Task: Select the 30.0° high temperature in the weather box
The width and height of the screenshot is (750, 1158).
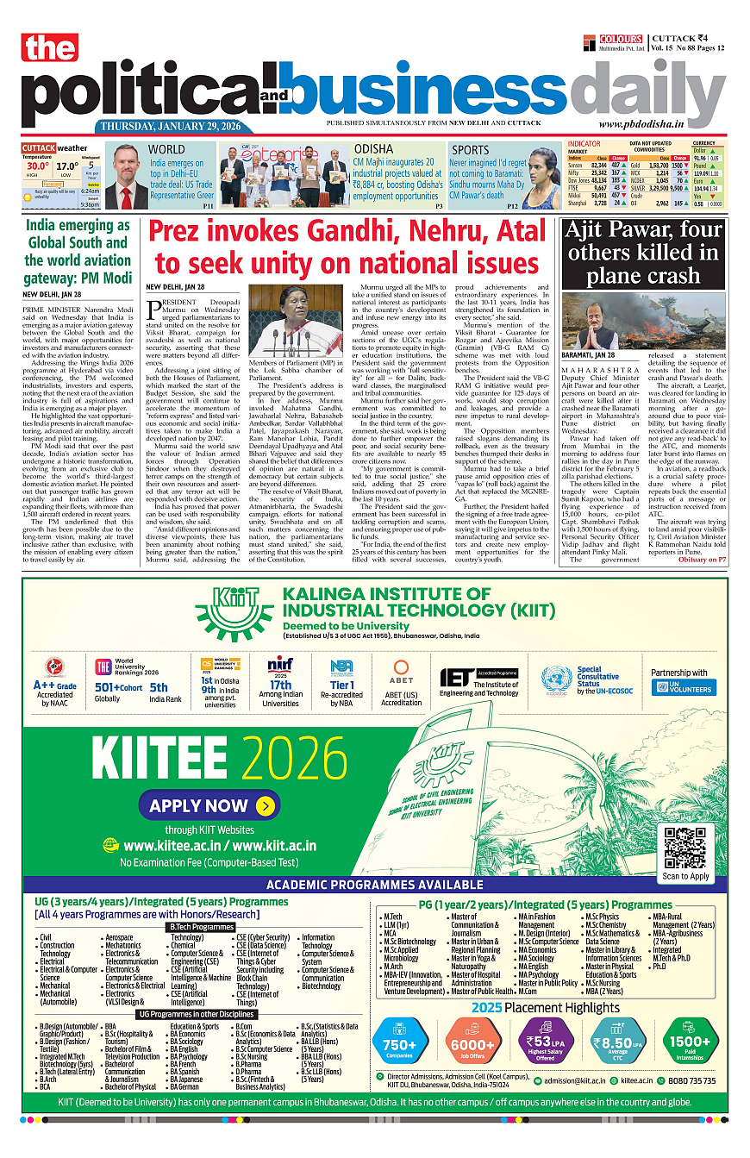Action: click(x=37, y=166)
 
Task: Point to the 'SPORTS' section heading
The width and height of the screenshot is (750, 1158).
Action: click(x=470, y=150)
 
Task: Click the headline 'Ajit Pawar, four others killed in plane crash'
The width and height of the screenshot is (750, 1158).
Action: click(x=642, y=253)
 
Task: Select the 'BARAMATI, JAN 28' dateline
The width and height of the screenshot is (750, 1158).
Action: click(x=589, y=354)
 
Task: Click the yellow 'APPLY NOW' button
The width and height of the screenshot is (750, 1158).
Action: click(x=209, y=806)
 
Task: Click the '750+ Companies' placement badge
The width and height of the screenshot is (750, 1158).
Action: click(x=399, y=1041)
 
